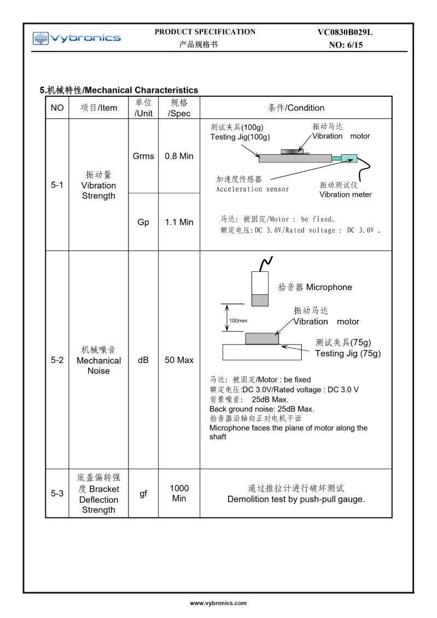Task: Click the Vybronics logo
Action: click(77, 38)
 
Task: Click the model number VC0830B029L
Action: click(345, 33)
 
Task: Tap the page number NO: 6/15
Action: click(346, 45)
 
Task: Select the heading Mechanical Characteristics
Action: click(119, 90)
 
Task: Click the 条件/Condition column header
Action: click(296, 108)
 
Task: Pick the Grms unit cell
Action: click(143, 156)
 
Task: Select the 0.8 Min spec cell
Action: click(179, 156)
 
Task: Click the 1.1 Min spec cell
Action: click(179, 222)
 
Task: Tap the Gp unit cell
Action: click(143, 222)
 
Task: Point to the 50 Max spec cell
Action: click(179, 360)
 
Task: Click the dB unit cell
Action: click(143, 360)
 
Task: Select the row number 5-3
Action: click(57, 493)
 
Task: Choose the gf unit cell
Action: click(143, 493)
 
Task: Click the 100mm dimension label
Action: click(238, 320)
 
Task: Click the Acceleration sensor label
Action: click(252, 189)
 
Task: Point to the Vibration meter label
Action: click(345, 194)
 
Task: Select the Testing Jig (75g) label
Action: click(348, 353)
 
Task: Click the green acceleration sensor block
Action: click(349, 159)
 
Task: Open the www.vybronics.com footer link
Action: click(218, 603)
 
